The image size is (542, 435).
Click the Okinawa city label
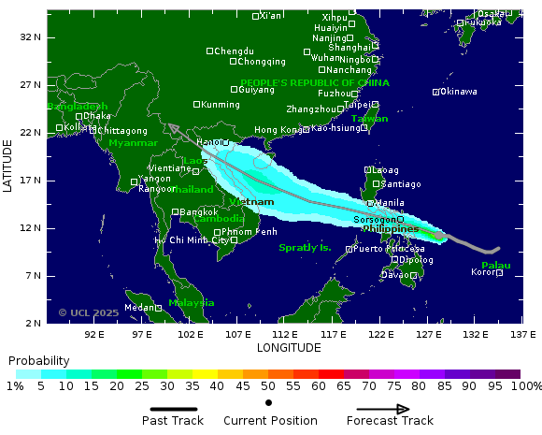point(458,92)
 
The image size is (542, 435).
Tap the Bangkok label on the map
point(198,212)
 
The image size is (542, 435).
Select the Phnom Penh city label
point(250,232)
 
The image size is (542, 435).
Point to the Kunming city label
point(221,105)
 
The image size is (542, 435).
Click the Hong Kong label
point(278,130)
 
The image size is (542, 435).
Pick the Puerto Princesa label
point(390,249)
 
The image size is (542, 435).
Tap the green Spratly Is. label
point(305,248)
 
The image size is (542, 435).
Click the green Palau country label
point(495,266)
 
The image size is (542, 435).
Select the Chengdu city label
point(234,51)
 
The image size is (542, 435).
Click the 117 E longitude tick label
point(333,334)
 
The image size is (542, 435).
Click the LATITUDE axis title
point(8,166)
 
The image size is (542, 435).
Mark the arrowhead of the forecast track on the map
point(172,128)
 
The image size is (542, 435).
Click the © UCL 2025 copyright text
point(89,312)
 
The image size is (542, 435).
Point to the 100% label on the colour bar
point(526,386)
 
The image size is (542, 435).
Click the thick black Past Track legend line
point(173,409)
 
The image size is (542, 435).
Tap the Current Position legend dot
point(269,403)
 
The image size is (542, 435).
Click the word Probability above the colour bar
point(38,360)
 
